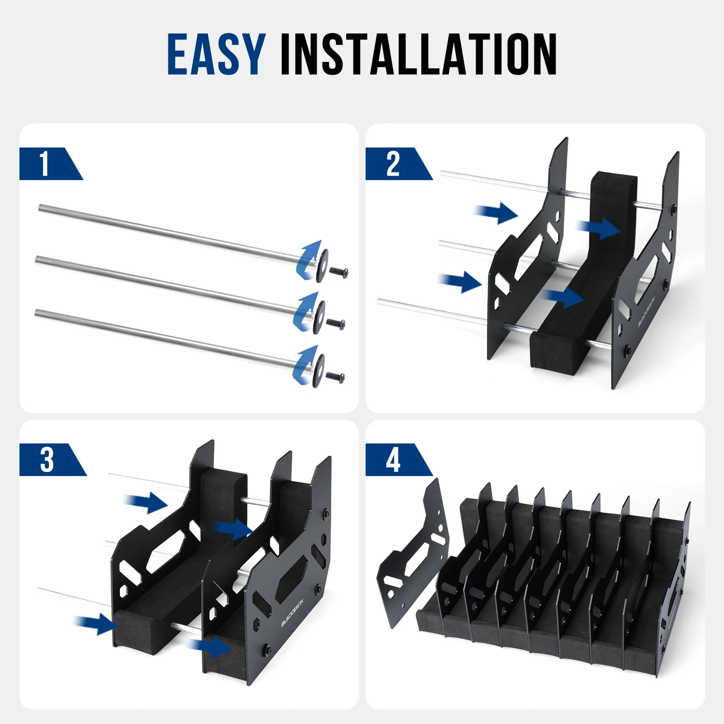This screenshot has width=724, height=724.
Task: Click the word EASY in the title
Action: (x=216, y=54)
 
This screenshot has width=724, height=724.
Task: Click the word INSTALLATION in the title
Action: (x=419, y=54)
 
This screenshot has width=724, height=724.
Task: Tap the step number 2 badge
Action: (x=393, y=164)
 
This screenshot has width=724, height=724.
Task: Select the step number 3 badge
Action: (x=47, y=460)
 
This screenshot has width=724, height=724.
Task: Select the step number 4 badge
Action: (x=393, y=460)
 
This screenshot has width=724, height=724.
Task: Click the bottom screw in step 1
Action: (x=335, y=376)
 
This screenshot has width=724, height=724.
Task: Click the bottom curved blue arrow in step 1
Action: (x=304, y=365)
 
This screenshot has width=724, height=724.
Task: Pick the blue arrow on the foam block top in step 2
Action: (x=600, y=229)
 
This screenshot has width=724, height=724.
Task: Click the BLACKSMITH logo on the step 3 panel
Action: (x=292, y=611)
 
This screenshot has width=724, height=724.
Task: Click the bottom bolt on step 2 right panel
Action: (x=628, y=350)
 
